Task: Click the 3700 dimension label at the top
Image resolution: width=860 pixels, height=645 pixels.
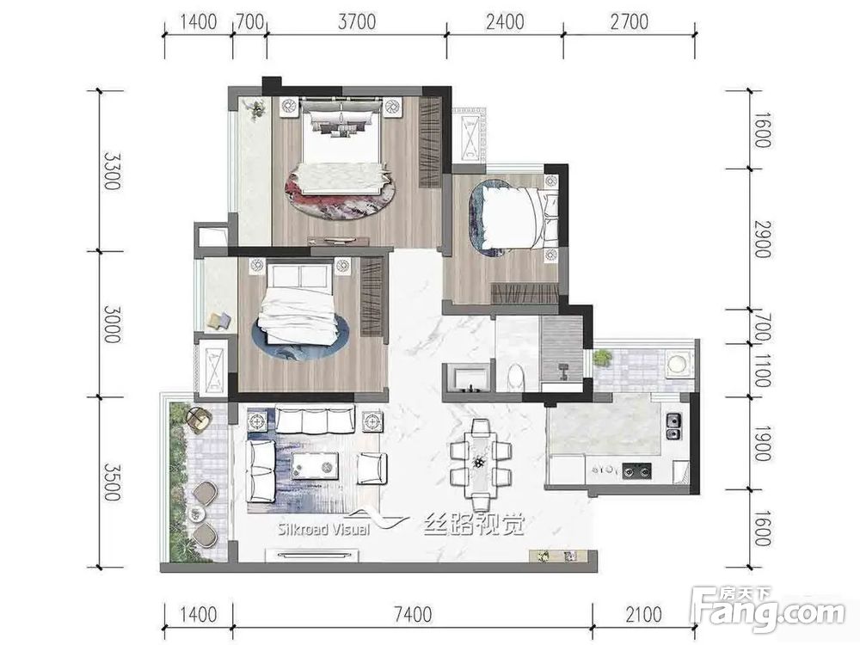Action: click(x=357, y=22)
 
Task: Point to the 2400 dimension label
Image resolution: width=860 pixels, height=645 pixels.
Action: click(x=505, y=22)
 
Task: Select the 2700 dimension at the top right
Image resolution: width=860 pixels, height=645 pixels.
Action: click(x=630, y=22)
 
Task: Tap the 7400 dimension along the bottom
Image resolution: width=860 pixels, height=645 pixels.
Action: click(x=413, y=614)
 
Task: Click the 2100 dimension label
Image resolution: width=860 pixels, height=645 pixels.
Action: click(x=644, y=614)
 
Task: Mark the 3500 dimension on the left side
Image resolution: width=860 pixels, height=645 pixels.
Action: click(x=111, y=482)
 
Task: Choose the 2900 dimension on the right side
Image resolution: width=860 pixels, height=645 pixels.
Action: click(x=762, y=239)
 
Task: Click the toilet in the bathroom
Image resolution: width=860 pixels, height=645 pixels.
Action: click(x=516, y=377)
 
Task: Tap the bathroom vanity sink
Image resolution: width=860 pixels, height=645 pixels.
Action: click(x=468, y=378)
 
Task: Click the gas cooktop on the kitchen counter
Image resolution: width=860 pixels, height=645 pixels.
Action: click(x=636, y=470)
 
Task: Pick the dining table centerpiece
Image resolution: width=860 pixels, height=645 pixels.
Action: click(x=479, y=463)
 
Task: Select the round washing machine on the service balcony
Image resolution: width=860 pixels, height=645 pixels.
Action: click(x=678, y=364)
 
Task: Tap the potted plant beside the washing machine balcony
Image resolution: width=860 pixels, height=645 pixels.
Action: click(x=602, y=358)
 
